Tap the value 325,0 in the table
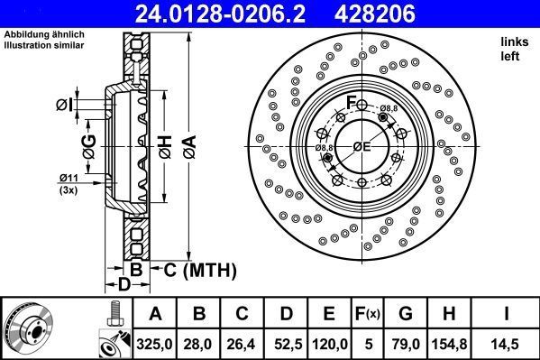155,343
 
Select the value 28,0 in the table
198,343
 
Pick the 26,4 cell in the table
242,343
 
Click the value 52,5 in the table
286,343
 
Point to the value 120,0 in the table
330,343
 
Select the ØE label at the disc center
362,146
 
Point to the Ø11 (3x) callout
69,183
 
